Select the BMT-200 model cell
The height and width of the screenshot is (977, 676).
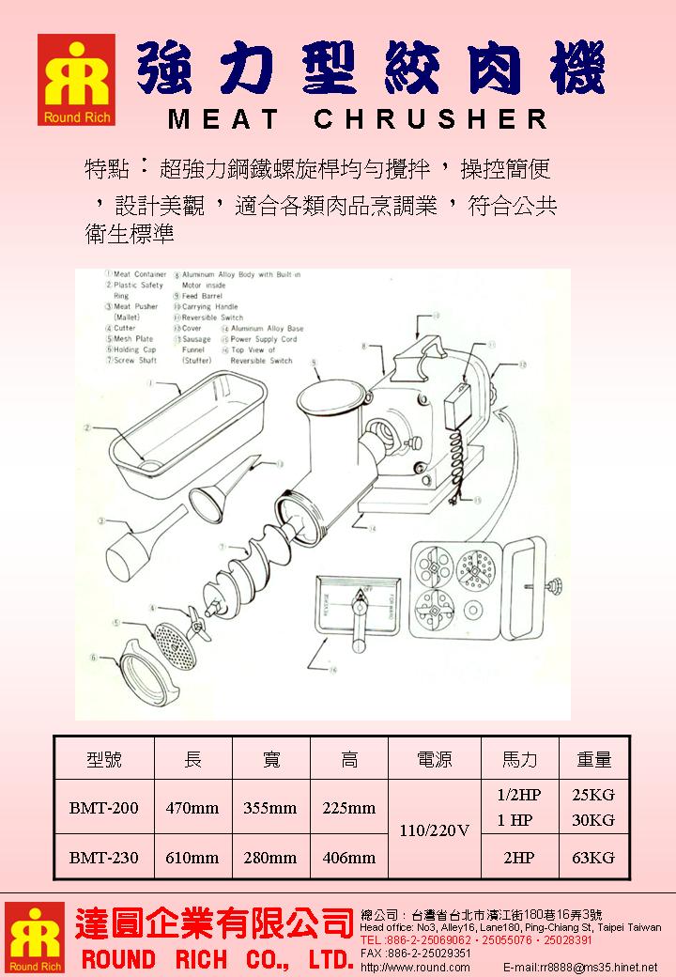click(103, 807)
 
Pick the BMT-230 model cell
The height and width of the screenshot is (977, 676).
click(103, 857)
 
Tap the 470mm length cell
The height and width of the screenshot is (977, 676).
click(192, 807)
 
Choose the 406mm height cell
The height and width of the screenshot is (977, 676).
click(348, 857)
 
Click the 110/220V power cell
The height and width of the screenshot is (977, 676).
click(434, 831)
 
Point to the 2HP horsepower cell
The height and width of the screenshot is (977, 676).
click(515, 857)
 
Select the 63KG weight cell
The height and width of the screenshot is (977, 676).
click(592, 857)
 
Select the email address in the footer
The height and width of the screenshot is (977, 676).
click(579, 967)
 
